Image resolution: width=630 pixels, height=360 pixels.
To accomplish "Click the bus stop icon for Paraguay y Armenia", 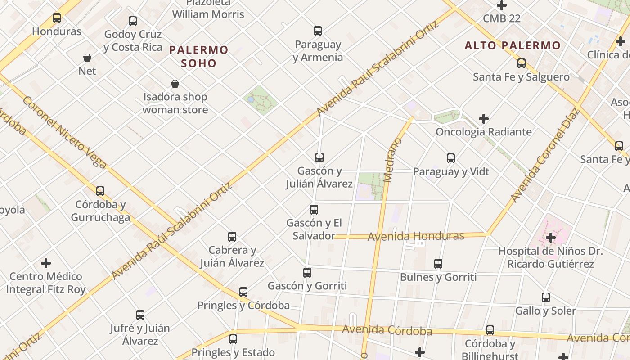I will click(318, 31).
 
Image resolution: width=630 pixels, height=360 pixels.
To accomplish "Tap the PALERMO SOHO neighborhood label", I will click(199, 56).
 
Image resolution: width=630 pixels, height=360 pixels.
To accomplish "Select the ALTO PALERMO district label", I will click(513, 45).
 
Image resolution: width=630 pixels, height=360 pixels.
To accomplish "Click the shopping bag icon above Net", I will click(87, 58).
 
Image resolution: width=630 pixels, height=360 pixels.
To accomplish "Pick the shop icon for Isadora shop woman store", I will click(175, 84).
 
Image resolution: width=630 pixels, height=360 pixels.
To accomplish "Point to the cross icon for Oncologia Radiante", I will click(484, 119).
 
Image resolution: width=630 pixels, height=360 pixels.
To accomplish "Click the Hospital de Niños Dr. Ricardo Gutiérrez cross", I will click(550, 238).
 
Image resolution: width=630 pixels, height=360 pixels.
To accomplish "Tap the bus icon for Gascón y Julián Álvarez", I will click(319, 157).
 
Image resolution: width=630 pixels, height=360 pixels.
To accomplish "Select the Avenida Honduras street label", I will click(416, 236).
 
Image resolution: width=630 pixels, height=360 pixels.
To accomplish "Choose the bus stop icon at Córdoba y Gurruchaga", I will click(100, 191).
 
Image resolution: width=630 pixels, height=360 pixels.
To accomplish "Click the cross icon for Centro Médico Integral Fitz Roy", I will click(46, 263).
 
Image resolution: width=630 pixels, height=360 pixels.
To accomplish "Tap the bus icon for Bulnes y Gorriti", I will click(438, 264).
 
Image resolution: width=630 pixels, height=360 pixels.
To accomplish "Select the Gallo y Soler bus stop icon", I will click(546, 297).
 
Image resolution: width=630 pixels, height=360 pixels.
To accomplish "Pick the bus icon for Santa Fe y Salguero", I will click(522, 63).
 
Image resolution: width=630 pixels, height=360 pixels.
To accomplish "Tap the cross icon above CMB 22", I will click(502, 6).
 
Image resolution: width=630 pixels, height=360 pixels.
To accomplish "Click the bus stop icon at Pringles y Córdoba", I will click(243, 292).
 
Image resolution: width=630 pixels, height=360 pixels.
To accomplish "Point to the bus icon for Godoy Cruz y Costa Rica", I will click(133, 21).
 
